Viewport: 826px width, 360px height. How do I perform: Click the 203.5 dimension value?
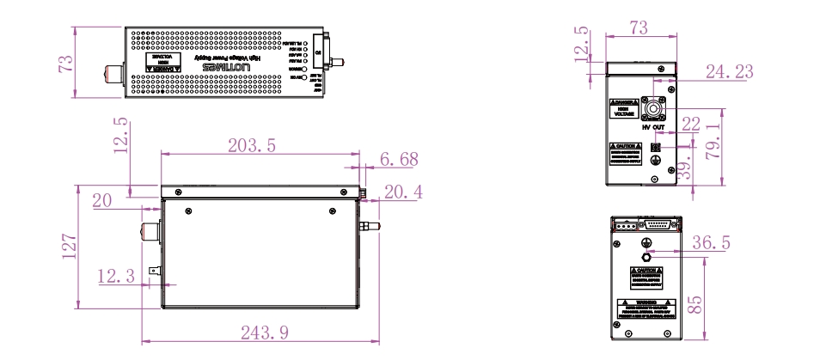(251, 146)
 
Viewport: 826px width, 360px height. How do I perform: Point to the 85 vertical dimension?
(698, 302)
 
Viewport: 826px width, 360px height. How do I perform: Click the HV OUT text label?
(655, 127)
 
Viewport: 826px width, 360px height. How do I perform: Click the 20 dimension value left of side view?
(102, 200)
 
